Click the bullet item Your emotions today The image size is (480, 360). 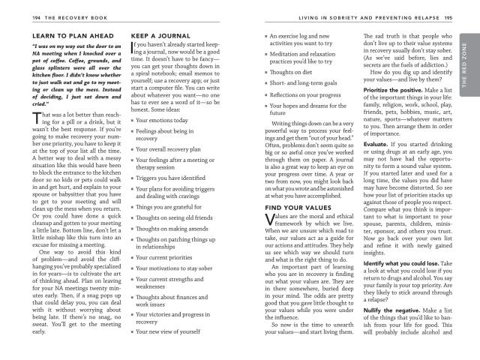pos(168,120)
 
